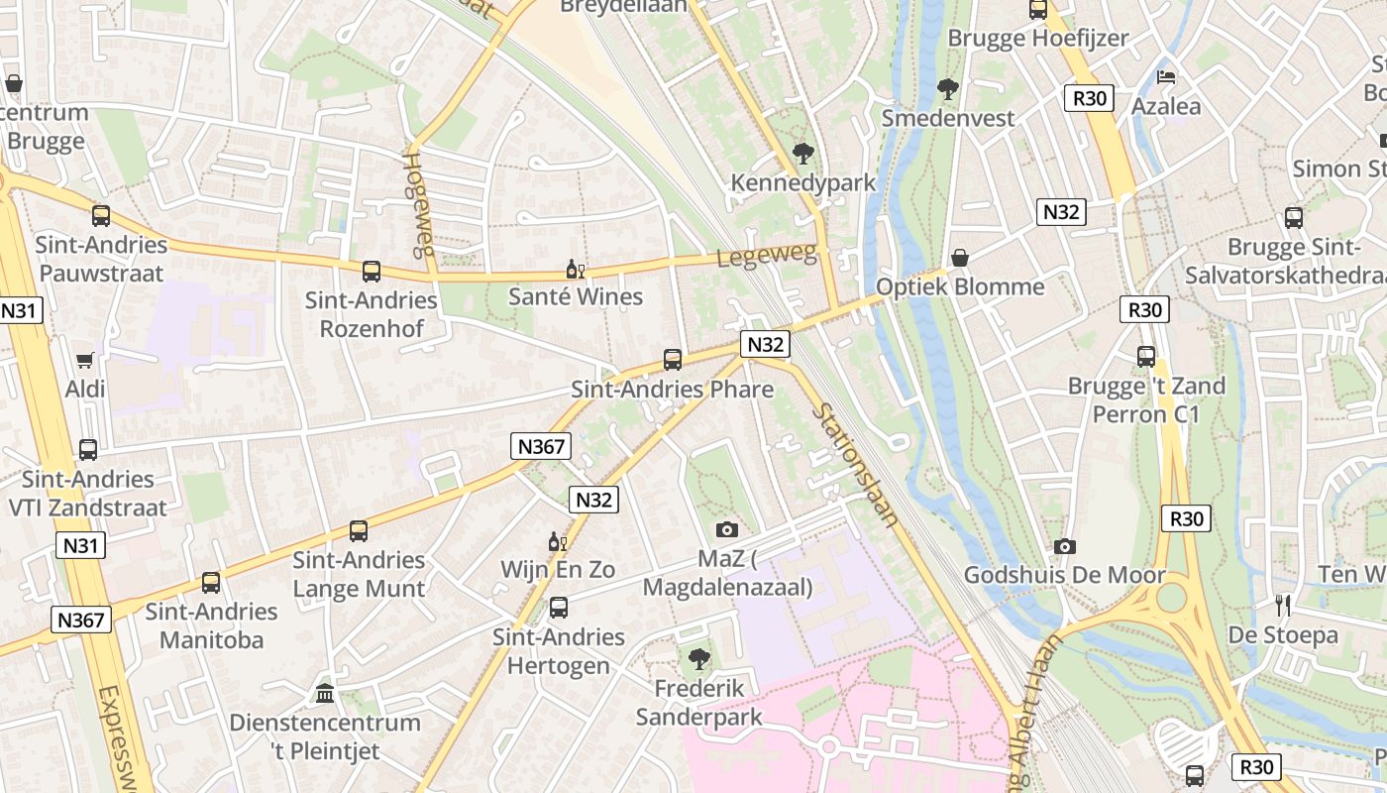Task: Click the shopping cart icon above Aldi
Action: (85, 361)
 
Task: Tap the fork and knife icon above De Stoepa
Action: (1283, 606)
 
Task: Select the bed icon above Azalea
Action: (1167, 77)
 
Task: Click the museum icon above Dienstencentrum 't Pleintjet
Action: (325, 693)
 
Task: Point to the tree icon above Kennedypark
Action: (802, 154)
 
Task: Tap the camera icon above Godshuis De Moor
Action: (1065, 546)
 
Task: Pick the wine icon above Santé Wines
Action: (575, 268)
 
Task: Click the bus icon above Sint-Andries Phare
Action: (673, 360)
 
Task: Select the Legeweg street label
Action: (768, 256)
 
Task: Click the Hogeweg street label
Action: (418, 204)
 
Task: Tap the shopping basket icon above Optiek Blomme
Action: (959, 258)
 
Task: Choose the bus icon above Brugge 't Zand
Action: (1146, 357)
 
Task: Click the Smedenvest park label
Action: (948, 118)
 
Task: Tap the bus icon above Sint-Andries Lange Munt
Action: (359, 531)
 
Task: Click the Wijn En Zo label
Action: (558, 570)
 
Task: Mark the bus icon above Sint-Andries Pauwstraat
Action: (101, 215)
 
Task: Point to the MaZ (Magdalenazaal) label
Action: (727, 573)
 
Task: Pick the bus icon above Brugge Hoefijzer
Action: (1038, 10)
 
